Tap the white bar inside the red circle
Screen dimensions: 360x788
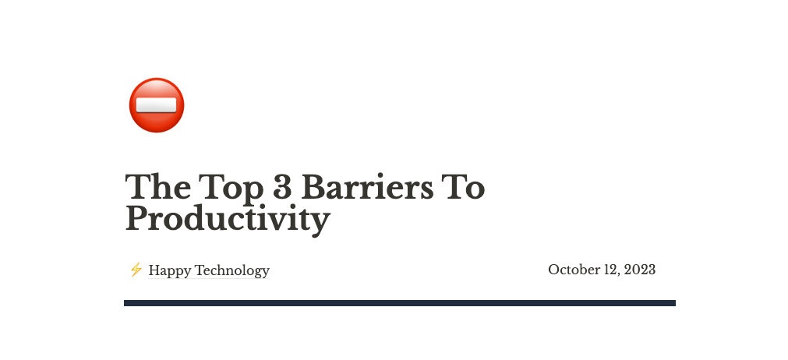click(156, 104)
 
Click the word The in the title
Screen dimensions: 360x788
click(157, 188)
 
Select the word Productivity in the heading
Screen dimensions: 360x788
click(228, 219)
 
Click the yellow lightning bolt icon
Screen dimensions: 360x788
click(136, 270)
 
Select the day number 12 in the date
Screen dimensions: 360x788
click(610, 270)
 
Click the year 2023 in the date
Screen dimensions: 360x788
click(639, 270)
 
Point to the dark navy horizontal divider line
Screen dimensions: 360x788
click(399, 303)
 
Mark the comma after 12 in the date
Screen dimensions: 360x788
click(618, 274)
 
